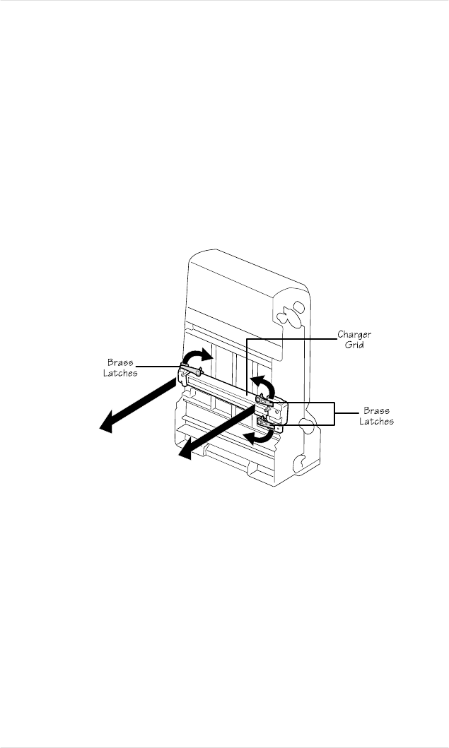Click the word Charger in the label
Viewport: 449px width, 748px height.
pos(354,334)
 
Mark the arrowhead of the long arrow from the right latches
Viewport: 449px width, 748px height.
pos(185,455)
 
